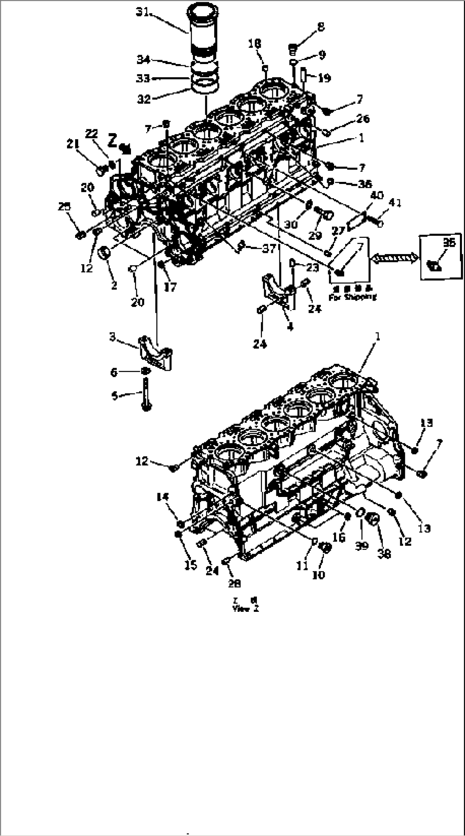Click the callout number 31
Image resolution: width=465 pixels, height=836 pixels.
[x=142, y=12]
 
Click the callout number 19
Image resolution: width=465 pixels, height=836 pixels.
[x=324, y=78]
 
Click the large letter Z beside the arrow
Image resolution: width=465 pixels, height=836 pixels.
[x=113, y=140]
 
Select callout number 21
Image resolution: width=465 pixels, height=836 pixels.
[x=73, y=145]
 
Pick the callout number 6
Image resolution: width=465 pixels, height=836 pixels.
[x=114, y=372]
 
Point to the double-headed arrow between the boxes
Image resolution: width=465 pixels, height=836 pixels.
[x=395, y=257]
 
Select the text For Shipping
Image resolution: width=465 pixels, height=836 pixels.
[x=352, y=297]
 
